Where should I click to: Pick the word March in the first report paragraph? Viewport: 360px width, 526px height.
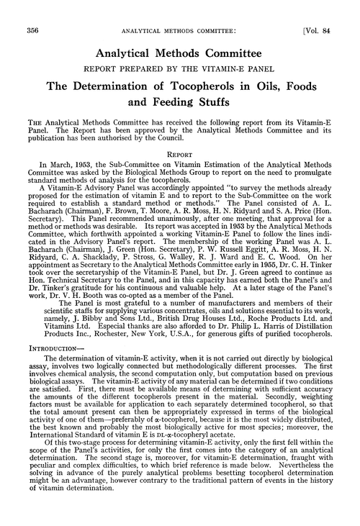coord(67,165)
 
